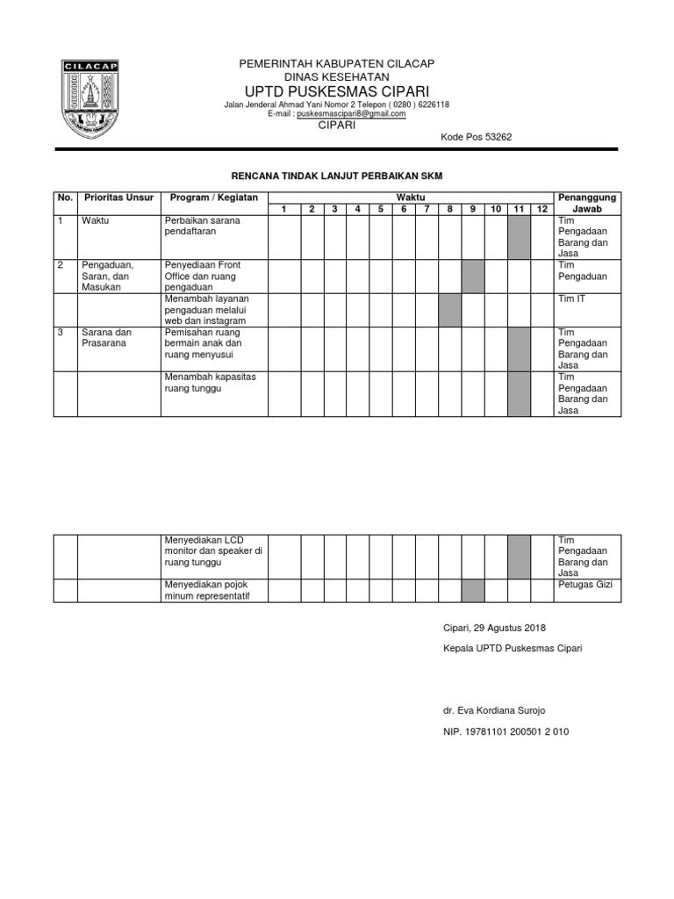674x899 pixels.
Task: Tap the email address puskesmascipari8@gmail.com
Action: click(351, 114)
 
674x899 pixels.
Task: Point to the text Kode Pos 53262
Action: click(475, 137)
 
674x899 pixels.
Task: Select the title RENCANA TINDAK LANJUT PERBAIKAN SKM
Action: click(337, 176)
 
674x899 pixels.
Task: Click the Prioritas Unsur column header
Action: click(118, 198)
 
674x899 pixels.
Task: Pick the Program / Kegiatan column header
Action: click(213, 198)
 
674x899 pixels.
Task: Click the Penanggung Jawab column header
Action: click(587, 203)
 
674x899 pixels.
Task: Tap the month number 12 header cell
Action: click(542, 209)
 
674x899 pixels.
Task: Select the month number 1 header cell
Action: click(283, 209)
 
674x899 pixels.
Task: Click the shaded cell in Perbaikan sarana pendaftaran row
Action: click(519, 237)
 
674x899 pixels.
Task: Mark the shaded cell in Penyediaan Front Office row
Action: click(473, 276)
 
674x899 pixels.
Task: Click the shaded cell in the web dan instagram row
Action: click(450, 310)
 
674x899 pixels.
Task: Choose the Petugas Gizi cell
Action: click(587, 584)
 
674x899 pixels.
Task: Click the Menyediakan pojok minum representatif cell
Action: click(213, 590)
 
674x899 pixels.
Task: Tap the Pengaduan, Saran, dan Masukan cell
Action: click(118, 276)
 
